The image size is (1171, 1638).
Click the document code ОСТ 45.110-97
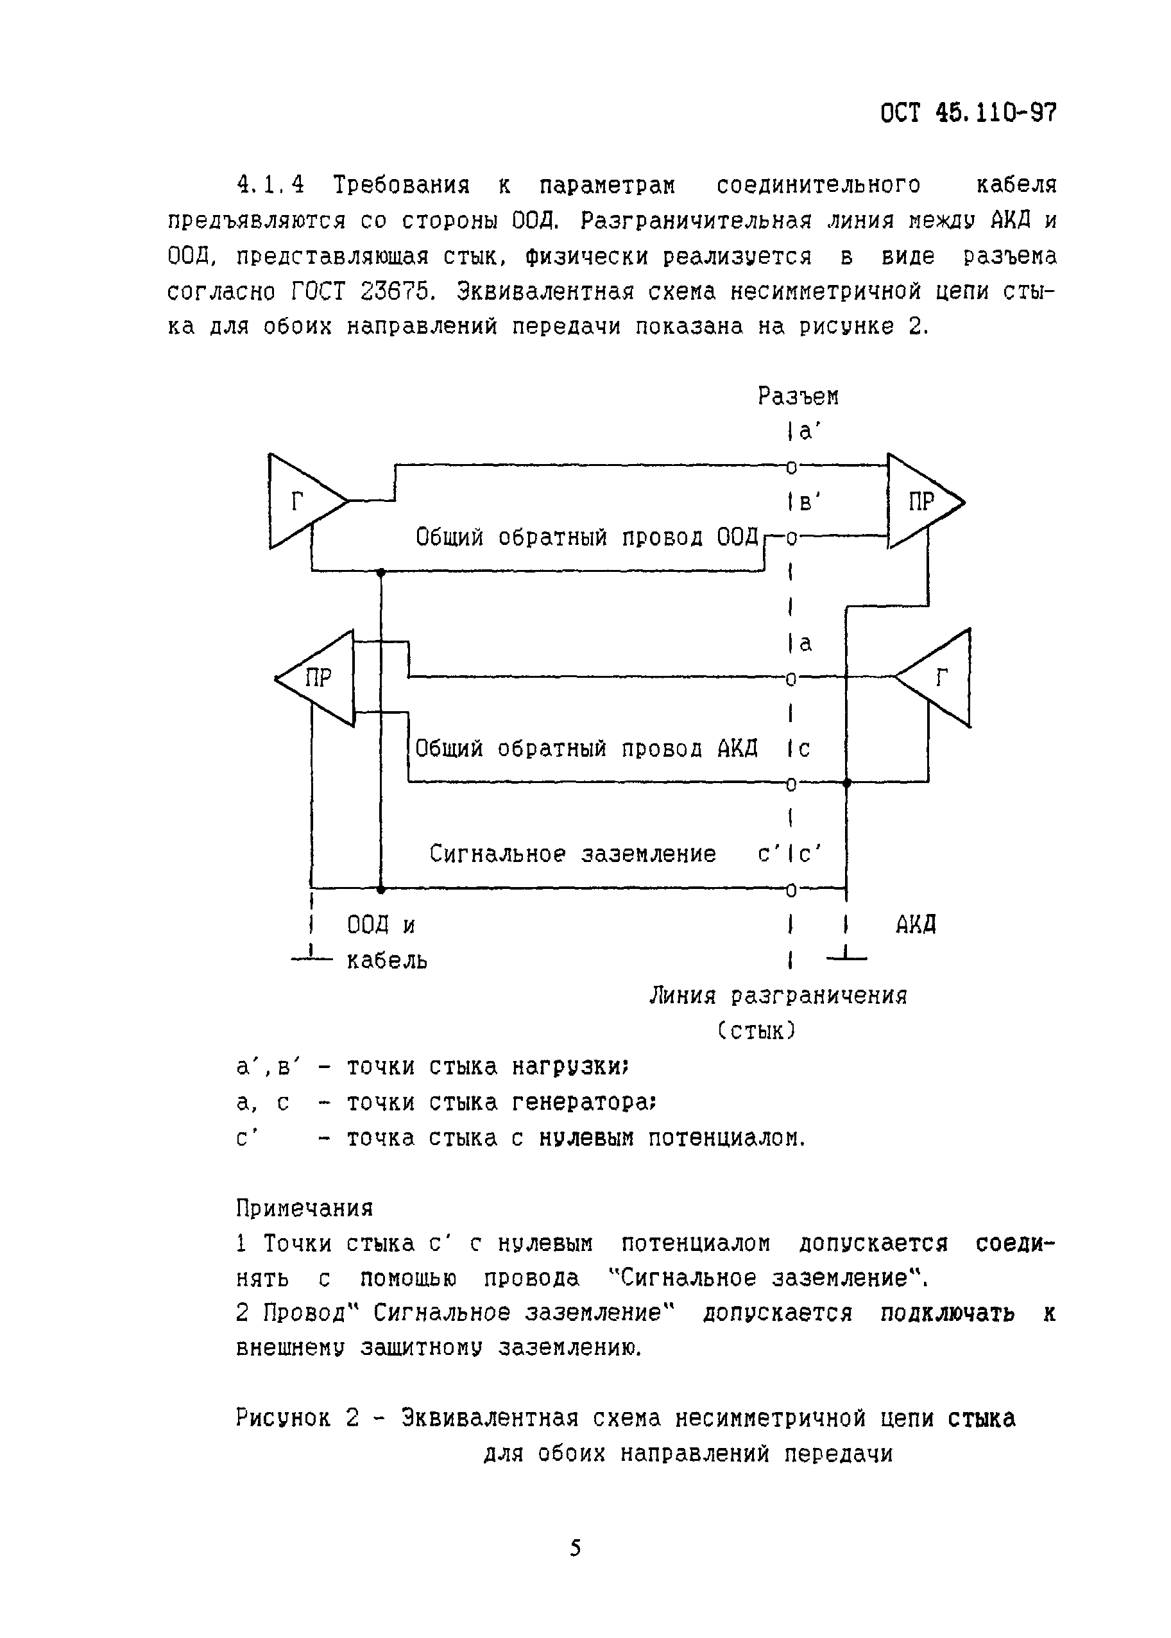click(968, 113)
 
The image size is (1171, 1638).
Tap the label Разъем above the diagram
click(798, 396)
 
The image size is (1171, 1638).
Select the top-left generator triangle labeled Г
click(299, 501)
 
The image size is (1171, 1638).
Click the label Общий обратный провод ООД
click(588, 537)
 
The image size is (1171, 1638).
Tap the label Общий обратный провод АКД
click(586, 748)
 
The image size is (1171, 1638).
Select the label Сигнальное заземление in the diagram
click(572, 854)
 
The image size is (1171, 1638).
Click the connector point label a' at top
click(806, 432)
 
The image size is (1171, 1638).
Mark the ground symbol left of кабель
click(311, 957)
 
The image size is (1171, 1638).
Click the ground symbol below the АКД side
click(846, 957)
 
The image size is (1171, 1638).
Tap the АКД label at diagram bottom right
click(916, 925)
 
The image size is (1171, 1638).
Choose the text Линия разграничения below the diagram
click(778, 996)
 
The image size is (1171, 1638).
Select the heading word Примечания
click(304, 1207)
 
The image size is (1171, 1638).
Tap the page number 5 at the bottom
click(576, 1548)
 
